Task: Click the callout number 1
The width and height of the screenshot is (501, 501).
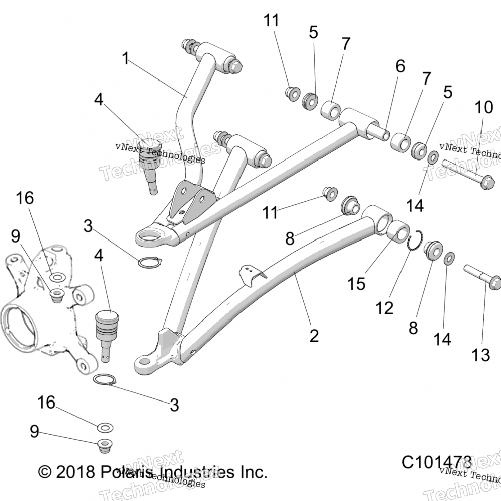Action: pos(125,59)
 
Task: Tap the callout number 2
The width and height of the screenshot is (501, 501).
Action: pos(314,336)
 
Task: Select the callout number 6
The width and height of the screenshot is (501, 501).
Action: pos(400,66)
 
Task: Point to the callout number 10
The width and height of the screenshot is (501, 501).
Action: pos(483,107)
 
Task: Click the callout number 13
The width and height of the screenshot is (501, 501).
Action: pos(480,355)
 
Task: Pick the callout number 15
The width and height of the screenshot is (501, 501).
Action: pos(356,284)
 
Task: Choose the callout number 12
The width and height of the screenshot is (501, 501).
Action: pos(384,308)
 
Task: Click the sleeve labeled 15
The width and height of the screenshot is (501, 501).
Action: pos(398,231)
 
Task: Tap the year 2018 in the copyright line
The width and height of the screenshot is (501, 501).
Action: pos(75,472)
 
